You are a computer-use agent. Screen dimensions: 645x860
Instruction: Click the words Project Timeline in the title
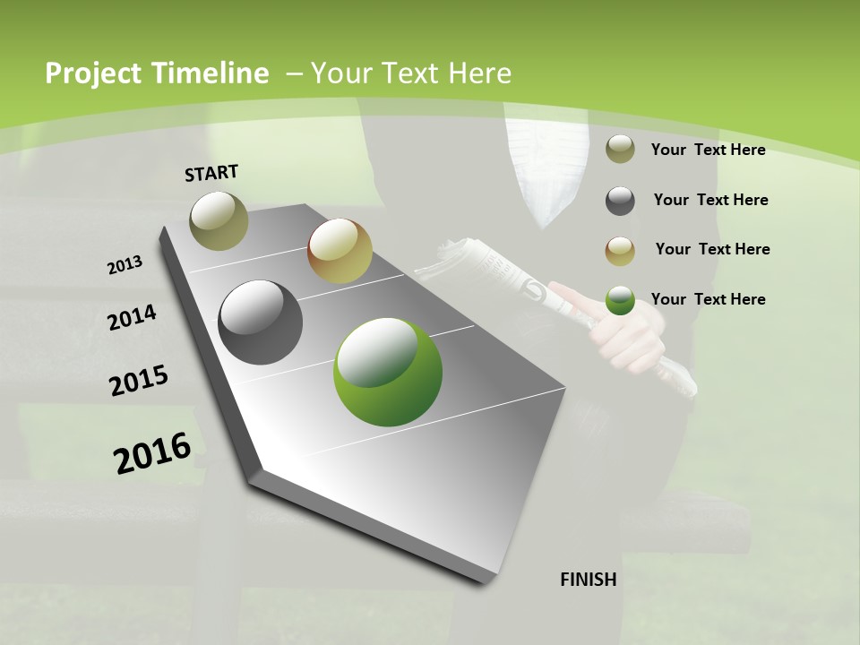click(x=157, y=73)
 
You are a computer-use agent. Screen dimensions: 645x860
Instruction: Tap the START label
click(x=211, y=173)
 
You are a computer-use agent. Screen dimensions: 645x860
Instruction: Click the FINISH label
click(x=588, y=580)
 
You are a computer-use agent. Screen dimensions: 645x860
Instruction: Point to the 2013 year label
click(x=125, y=265)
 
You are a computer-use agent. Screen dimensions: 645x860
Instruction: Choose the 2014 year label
click(x=132, y=317)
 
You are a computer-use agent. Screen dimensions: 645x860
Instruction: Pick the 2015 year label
click(x=139, y=380)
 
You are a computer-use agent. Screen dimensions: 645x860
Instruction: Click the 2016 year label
click(x=152, y=452)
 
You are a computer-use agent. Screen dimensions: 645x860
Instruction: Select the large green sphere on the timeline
click(x=388, y=372)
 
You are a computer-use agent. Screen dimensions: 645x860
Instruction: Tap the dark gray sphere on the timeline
click(x=261, y=322)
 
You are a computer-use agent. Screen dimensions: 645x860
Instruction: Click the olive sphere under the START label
click(x=219, y=220)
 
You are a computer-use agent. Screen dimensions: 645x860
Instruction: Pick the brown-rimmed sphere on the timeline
click(x=340, y=252)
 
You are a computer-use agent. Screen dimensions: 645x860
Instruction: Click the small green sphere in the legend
click(x=620, y=301)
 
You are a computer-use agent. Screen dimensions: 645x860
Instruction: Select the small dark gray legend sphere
click(x=620, y=201)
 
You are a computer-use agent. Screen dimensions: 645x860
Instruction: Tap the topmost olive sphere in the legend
click(x=620, y=150)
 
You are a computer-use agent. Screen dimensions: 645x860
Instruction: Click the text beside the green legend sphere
click(x=708, y=299)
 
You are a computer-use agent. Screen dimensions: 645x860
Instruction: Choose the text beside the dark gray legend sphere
click(x=710, y=200)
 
